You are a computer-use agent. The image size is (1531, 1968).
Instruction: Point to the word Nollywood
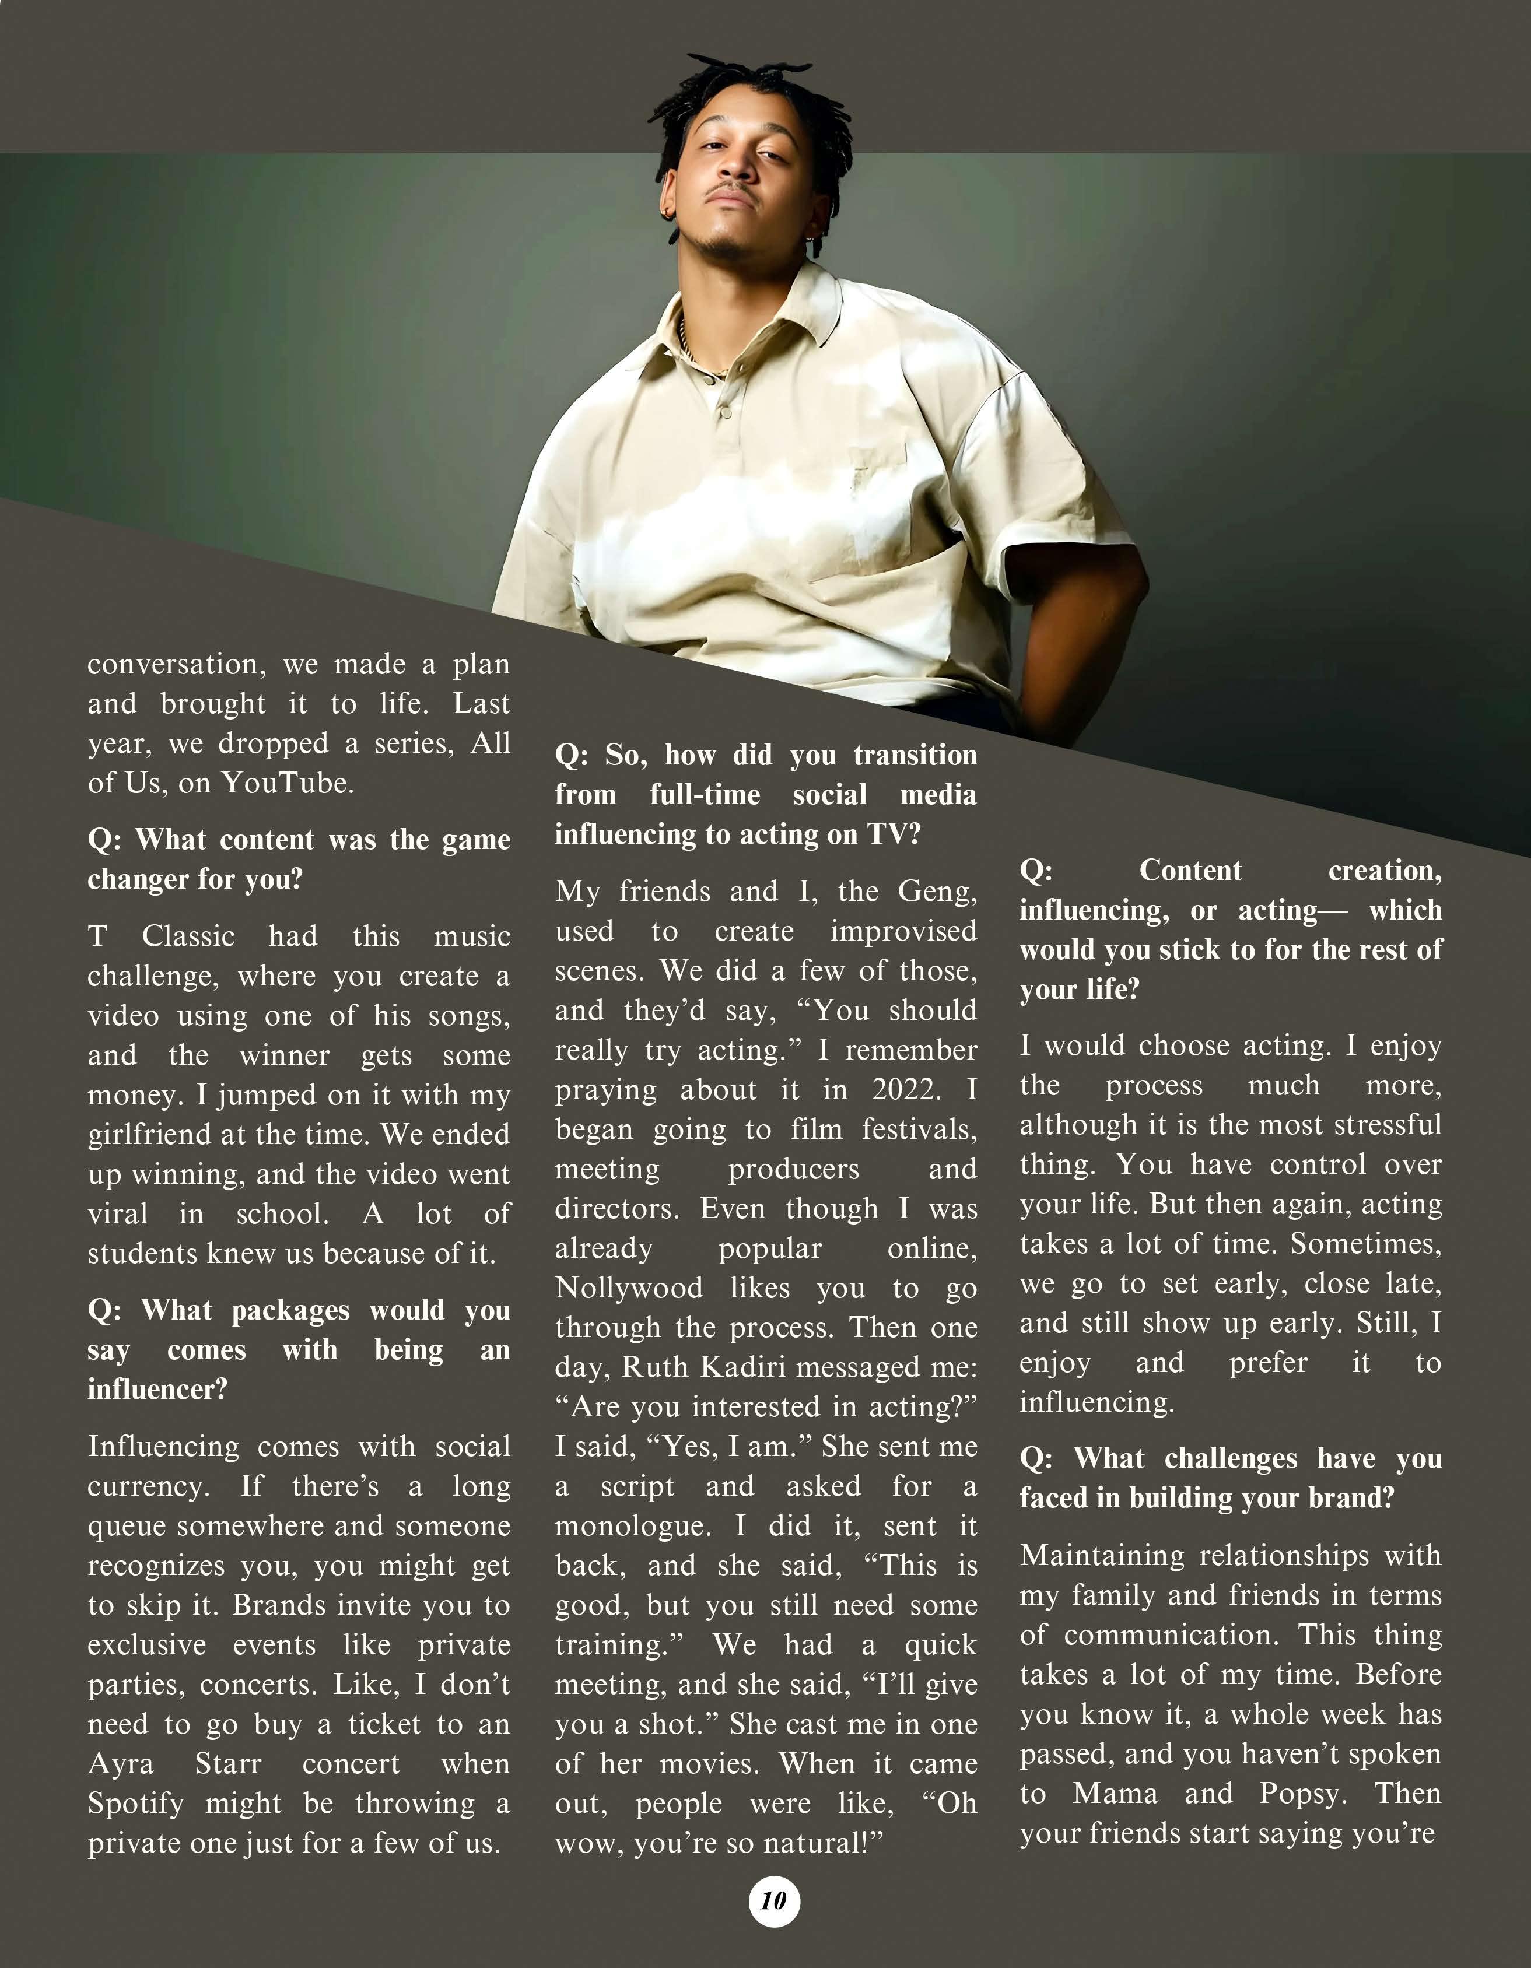coord(629,1287)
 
